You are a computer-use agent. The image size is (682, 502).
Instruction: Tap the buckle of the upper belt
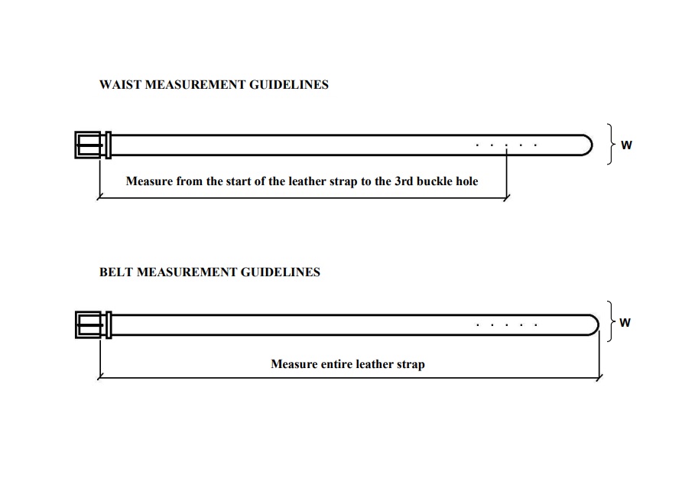coord(93,145)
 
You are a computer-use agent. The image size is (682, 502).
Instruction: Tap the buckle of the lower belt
coord(93,324)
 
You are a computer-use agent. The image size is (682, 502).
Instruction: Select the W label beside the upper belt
coord(626,145)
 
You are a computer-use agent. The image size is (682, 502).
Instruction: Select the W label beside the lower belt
coord(625,323)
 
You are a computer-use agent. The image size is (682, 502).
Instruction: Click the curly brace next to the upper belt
coord(612,144)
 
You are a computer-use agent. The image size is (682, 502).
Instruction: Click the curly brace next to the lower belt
coord(612,321)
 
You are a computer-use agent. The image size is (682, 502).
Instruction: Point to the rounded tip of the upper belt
coord(592,145)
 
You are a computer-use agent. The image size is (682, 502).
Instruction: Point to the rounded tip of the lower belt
coord(598,324)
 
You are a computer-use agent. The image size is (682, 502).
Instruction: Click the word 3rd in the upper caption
coord(404,181)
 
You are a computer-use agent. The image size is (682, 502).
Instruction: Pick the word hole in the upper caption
coord(466,181)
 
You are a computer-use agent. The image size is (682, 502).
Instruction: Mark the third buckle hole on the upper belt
coord(506,145)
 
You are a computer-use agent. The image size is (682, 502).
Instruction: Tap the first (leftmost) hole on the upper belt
coord(478,145)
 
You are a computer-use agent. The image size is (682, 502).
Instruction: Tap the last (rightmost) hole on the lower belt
coord(536,324)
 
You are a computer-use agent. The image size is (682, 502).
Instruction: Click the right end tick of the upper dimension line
coord(506,197)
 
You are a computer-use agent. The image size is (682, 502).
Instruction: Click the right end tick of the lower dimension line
coord(599,377)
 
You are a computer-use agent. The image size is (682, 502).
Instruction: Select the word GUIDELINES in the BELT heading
coord(280,272)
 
